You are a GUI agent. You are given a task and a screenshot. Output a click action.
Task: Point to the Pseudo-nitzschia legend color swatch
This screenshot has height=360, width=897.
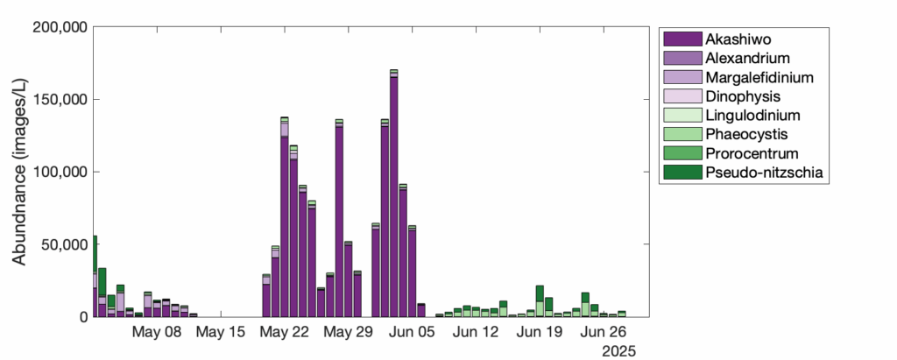click(682, 173)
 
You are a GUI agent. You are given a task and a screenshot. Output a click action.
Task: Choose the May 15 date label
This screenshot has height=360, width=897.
click(220, 333)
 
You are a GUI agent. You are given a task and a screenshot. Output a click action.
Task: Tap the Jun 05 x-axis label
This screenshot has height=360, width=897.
click(412, 333)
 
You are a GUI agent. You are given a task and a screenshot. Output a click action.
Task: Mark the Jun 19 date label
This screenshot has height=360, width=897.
click(540, 333)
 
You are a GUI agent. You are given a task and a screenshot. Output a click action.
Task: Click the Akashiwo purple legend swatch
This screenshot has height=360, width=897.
click(682, 39)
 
